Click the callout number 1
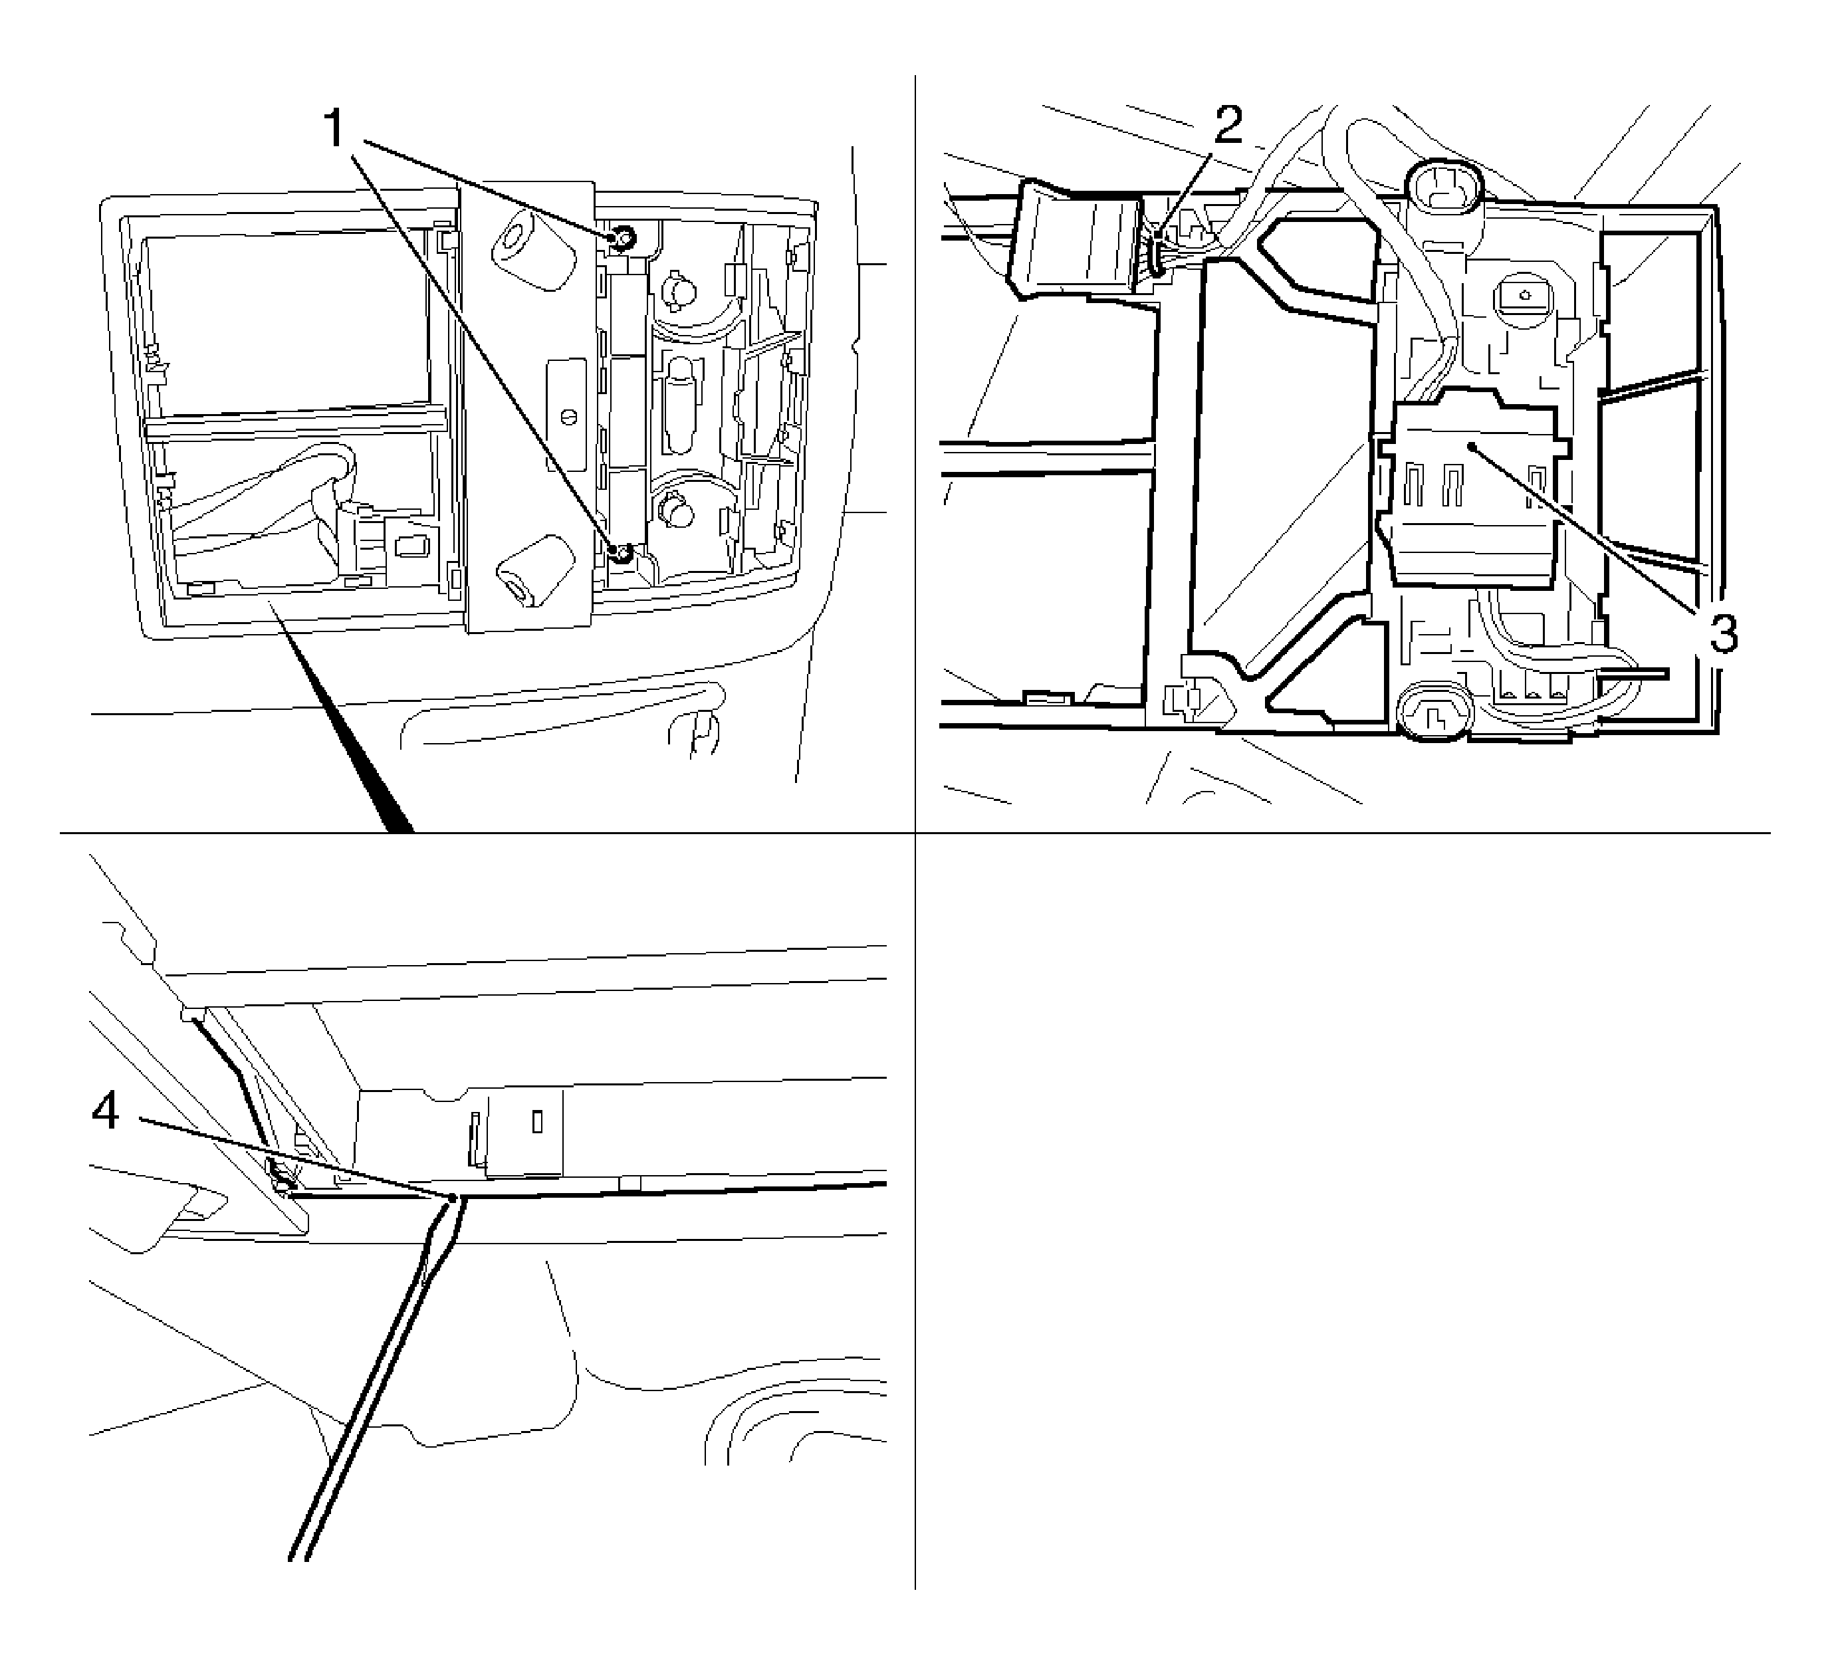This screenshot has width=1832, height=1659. (335, 128)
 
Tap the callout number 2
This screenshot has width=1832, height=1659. (1228, 126)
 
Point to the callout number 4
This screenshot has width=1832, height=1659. (106, 1111)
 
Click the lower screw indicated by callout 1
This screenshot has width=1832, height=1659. (621, 552)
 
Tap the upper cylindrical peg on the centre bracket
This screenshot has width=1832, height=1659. (535, 250)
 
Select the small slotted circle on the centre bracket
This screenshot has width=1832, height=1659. (570, 415)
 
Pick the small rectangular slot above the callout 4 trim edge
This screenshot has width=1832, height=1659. (537, 1122)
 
